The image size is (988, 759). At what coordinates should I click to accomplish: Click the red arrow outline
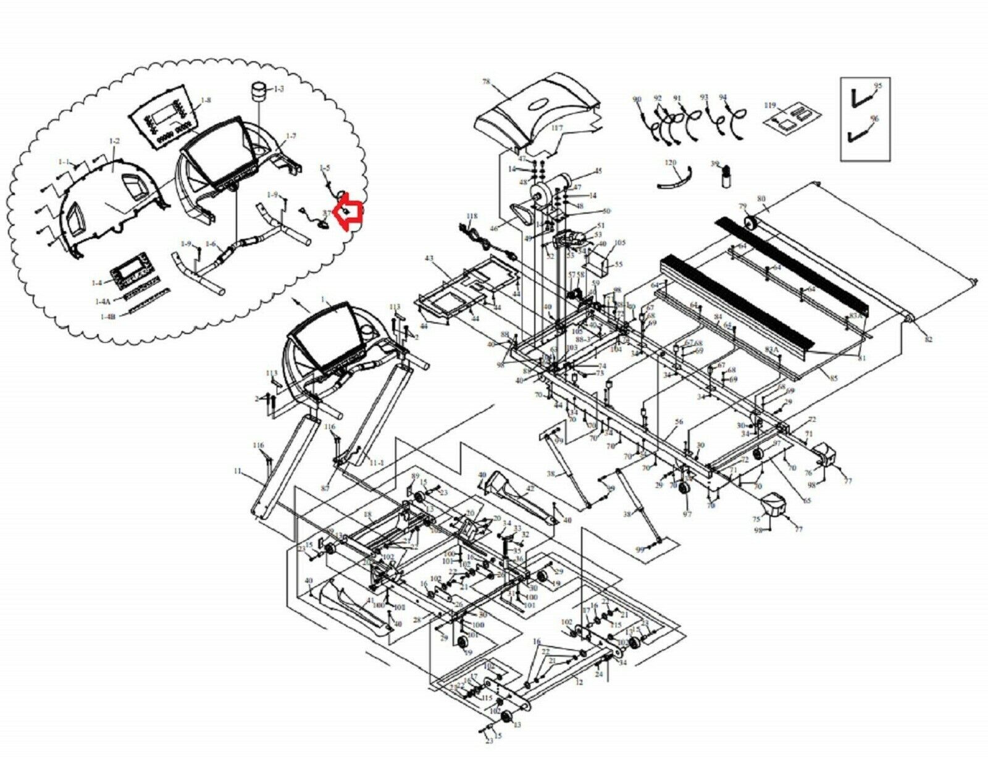coord(349,212)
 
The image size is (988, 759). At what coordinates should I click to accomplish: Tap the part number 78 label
coord(486,82)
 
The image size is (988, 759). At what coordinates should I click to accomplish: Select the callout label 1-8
coord(206,100)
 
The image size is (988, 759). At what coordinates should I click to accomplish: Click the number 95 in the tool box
coord(877,85)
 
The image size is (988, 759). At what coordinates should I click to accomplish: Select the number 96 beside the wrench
coord(874,119)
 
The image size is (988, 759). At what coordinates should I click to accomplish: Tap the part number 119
coord(769,105)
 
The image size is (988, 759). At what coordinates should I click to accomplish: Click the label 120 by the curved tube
coord(671,162)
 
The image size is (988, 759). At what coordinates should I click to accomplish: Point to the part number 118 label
coord(472,216)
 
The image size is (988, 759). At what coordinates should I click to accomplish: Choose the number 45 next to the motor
coord(597,171)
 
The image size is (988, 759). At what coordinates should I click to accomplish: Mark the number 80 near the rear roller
coord(761,199)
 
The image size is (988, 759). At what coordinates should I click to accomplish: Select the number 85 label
coord(834,378)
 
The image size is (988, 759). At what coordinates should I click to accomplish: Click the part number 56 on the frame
coord(679,422)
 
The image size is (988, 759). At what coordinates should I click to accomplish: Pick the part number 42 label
coord(530,488)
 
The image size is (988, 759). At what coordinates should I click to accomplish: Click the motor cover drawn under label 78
coord(537,114)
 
